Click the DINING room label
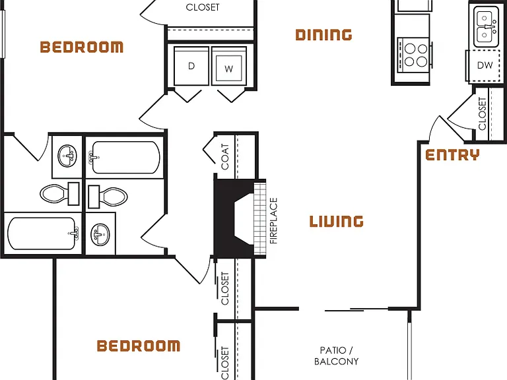pos(323,35)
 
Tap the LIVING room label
pos(336,222)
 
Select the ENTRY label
pos(452,155)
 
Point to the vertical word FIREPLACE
pos(273,221)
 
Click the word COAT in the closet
pos(225,157)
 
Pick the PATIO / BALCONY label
pos(336,356)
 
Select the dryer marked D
pos(191,66)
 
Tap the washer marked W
pos(229,66)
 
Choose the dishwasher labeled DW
pos(484,65)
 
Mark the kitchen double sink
pos(487,27)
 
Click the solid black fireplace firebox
pos(234,219)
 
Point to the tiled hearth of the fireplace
pos(260,219)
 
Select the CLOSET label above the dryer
pos(203,7)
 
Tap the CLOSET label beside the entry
pos(482,113)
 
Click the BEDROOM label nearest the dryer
pos(81,47)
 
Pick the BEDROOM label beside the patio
pos(139,346)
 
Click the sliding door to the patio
pos(356,310)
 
